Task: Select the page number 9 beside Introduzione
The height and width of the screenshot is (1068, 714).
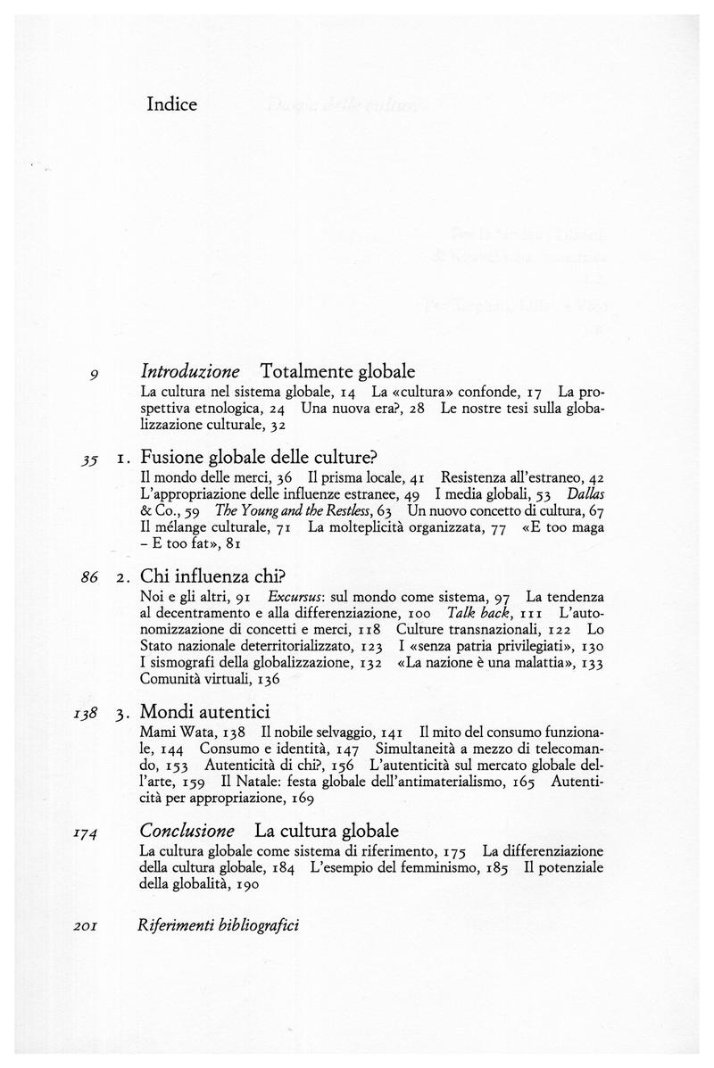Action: (x=94, y=370)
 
